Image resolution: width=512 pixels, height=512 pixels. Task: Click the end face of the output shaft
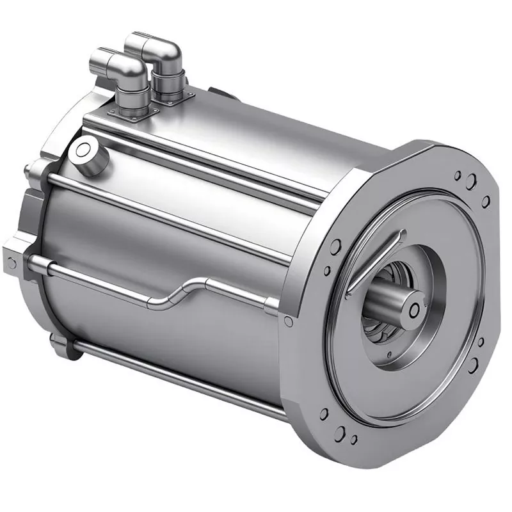(413, 309)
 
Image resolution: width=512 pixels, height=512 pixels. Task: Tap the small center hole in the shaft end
(414, 310)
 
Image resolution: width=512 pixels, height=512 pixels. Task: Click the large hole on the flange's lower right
(474, 365)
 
